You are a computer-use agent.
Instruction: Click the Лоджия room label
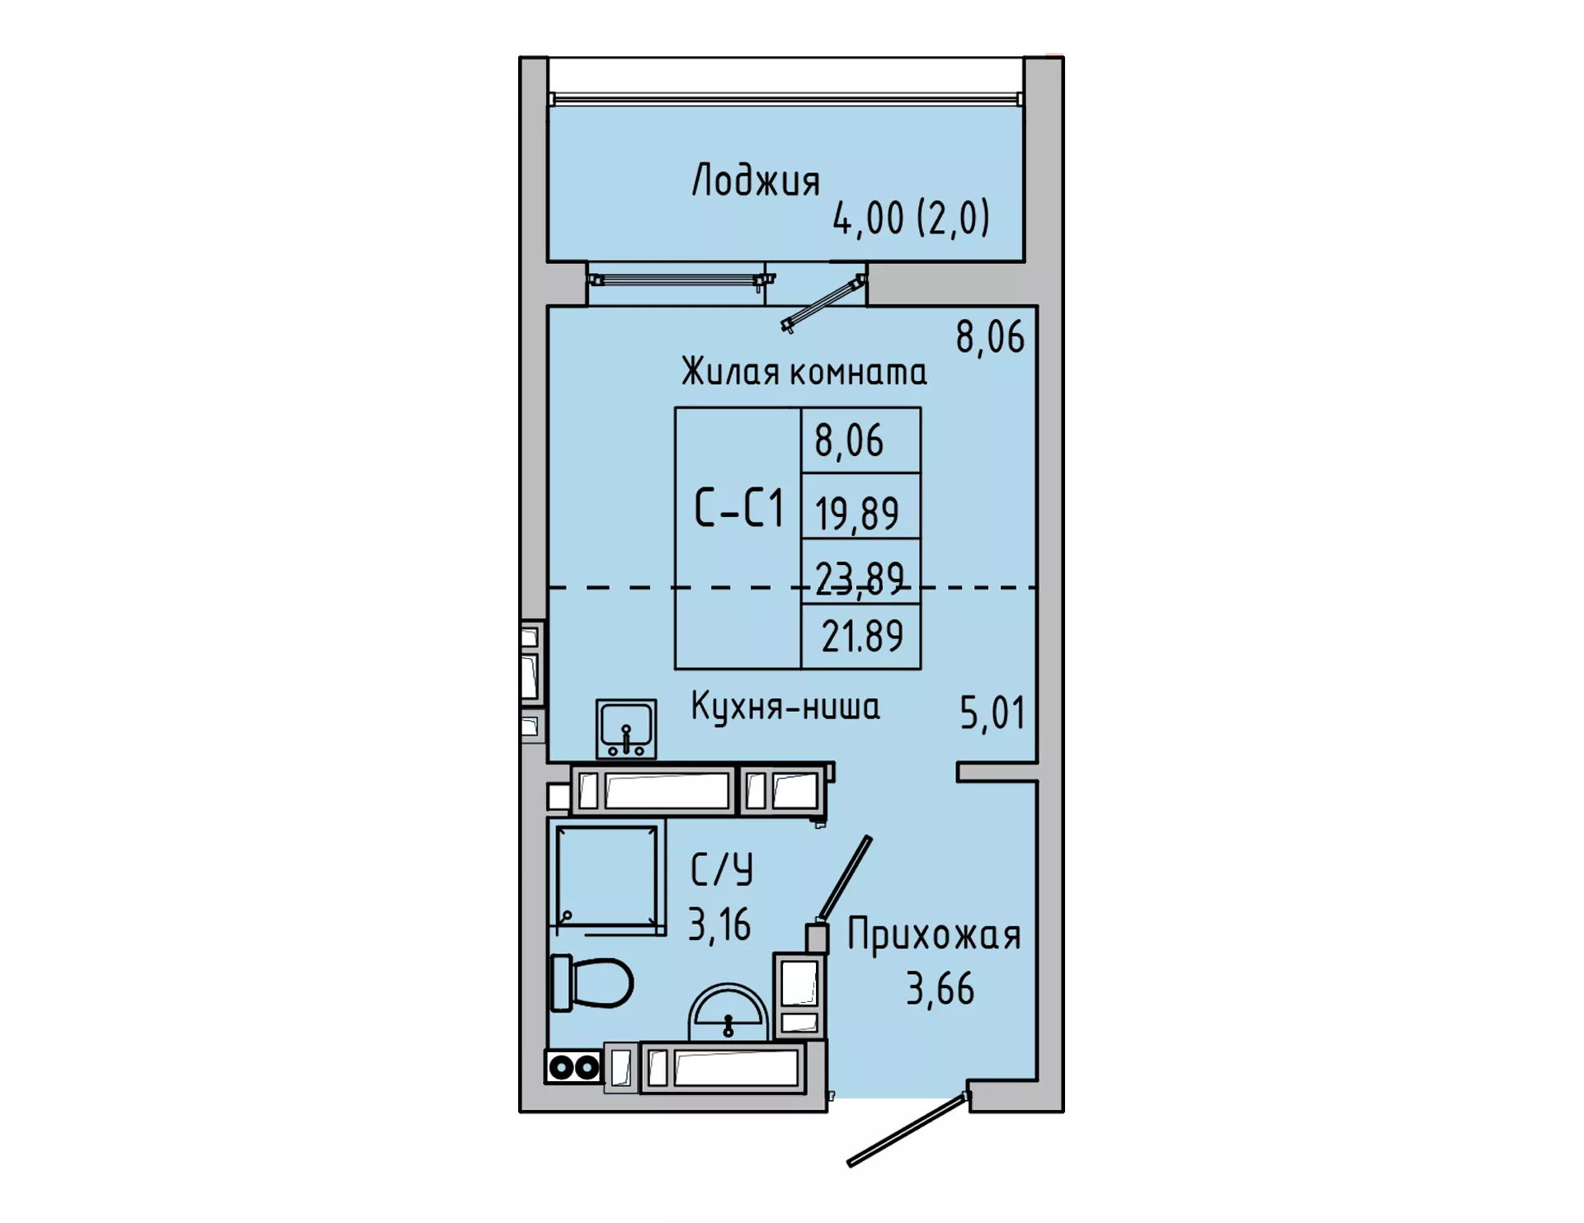[x=756, y=180]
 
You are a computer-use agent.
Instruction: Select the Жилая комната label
[x=804, y=371]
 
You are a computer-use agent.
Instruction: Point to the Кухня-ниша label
[x=785, y=707]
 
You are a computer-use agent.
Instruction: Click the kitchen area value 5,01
[x=992, y=713]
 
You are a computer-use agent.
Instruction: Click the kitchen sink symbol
[x=626, y=729]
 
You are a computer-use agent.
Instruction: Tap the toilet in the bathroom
[x=591, y=982]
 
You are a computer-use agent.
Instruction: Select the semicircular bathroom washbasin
[x=728, y=1012]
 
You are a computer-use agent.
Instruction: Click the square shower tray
[x=607, y=877]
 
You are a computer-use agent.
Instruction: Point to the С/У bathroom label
[x=722, y=869]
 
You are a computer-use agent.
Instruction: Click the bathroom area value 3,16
[x=719, y=924]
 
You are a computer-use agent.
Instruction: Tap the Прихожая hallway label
[x=934, y=936]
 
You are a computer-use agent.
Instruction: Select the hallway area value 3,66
[x=940, y=988]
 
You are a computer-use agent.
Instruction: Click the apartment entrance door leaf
[x=907, y=1129]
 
